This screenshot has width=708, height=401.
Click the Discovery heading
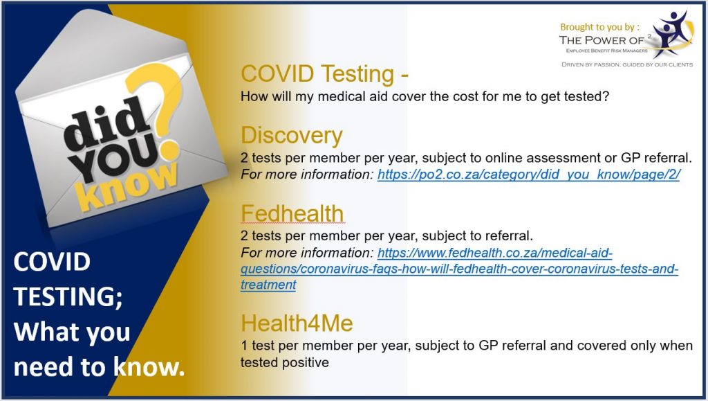[292, 136]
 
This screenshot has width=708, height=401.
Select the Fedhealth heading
[292, 213]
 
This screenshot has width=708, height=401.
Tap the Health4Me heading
[297, 323]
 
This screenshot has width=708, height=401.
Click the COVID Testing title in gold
[324, 73]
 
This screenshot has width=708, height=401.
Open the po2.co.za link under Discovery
[529, 175]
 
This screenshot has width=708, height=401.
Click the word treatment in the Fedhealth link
[268, 285]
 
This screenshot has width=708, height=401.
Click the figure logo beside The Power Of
[672, 35]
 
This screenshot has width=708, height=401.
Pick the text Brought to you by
[599, 27]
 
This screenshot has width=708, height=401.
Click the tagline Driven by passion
[627, 64]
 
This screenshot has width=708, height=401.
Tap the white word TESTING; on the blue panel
[68, 297]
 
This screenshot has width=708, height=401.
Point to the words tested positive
[284, 363]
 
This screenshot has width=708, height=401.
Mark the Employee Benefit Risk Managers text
[607, 51]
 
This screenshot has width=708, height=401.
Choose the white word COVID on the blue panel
[52, 262]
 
